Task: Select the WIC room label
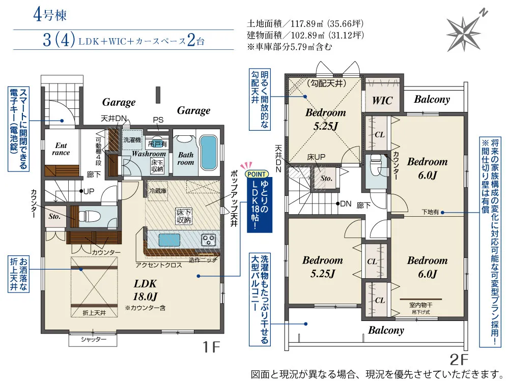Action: pyautogui.click(x=382, y=100)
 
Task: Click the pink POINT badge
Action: pyautogui.click(x=257, y=174)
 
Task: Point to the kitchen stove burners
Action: pyautogui.click(x=208, y=240)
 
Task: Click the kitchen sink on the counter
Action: pyautogui.click(x=169, y=241)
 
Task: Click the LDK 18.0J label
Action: pyautogui.click(x=145, y=290)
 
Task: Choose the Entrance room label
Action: pyautogui.click(x=61, y=149)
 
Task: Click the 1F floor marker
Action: pyautogui.click(x=211, y=347)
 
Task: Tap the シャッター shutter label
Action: pyautogui.click(x=94, y=339)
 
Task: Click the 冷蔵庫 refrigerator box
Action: pyautogui.click(x=158, y=191)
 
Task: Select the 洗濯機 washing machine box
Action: pyautogui.click(x=132, y=140)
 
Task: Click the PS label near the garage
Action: pyautogui.click(x=158, y=120)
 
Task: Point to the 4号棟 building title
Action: pyautogui.click(x=50, y=15)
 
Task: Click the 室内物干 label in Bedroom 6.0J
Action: pyautogui.click(x=421, y=305)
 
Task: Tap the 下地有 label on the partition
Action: pyautogui.click(x=430, y=212)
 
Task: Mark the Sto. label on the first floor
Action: pyautogui.click(x=54, y=216)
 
